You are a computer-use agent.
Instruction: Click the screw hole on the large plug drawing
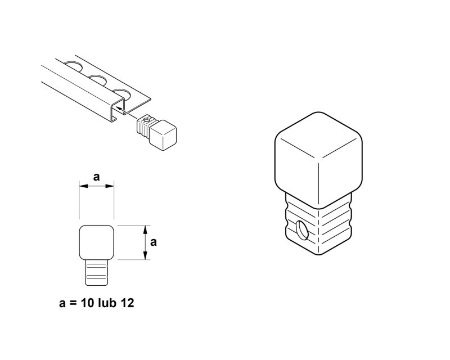302,230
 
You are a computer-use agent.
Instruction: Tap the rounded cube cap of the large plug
318,160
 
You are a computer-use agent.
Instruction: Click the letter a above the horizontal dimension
96,177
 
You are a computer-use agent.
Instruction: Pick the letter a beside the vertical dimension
154,242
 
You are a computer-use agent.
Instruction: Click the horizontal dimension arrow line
96,186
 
